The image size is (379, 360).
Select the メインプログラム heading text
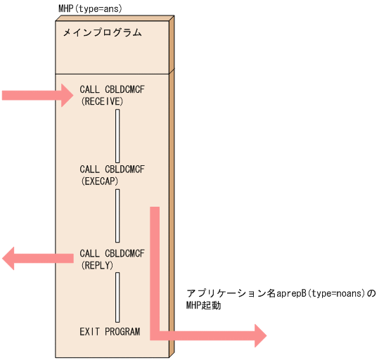(102, 32)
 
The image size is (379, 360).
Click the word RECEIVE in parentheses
(102, 102)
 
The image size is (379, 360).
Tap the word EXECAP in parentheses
(99, 181)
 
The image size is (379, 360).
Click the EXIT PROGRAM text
(110, 331)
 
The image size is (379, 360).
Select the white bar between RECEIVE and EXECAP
(117, 136)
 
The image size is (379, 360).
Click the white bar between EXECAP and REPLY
(117, 215)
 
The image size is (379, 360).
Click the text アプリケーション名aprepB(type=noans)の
(281, 293)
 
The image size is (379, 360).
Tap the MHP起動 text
(204, 306)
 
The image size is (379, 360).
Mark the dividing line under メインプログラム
(113, 72)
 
